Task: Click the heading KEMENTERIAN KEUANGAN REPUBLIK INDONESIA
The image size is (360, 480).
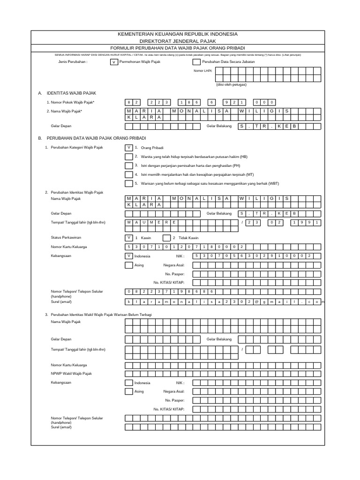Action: tap(177, 34)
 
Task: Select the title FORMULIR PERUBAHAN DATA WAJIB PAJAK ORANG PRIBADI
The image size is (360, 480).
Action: tap(177, 48)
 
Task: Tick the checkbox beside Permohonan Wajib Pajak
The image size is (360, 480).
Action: tap(113, 62)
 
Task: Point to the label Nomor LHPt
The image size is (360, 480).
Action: tap(203, 71)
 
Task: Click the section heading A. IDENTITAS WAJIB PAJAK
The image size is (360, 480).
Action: tap(67, 93)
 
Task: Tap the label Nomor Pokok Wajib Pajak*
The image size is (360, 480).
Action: tap(71, 102)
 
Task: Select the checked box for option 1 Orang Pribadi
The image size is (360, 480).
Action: tap(128, 147)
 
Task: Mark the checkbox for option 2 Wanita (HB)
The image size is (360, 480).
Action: tap(128, 157)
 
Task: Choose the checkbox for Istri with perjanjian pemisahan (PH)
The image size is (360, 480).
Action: tap(128, 165)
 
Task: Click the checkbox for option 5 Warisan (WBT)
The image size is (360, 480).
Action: tap(128, 183)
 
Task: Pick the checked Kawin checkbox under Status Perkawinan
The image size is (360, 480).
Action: tap(128, 238)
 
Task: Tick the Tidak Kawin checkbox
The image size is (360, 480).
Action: tap(166, 238)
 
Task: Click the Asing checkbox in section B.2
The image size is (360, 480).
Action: tap(128, 265)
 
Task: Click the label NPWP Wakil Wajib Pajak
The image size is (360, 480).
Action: tap(71, 373)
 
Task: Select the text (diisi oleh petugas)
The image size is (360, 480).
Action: tap(231, 84)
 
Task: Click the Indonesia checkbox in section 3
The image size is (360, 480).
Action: tap(128, 382)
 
